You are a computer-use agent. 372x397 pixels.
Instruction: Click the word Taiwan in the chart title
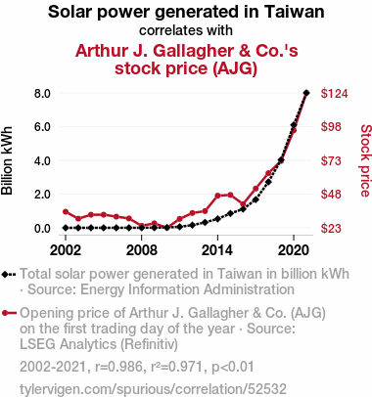tap(295, 12)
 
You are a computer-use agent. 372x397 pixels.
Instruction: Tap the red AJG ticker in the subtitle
tap(235, 68)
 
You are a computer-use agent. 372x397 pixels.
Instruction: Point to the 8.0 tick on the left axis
tap(42, 93)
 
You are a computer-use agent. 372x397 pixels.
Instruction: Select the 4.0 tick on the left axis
tap(42, 160)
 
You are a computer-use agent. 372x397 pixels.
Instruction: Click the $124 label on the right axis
tap(335, 93)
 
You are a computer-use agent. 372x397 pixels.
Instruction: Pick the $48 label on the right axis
tap(331, 195)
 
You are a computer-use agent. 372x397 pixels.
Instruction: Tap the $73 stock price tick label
tap(331, 160)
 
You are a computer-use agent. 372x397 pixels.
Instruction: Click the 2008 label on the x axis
tap(142, 250)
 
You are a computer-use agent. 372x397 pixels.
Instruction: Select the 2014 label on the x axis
tap(217, 250)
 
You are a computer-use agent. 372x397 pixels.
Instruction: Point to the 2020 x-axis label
tap(294, 250)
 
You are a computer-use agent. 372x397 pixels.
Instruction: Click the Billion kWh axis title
tap(7, 160)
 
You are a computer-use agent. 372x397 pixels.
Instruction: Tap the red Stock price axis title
tap(365, 160)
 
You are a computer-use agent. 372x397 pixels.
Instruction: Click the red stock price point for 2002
tap(66, 212)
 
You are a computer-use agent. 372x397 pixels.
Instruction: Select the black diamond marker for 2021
tap(306, 93)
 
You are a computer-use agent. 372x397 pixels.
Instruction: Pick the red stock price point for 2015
tap(230, 195)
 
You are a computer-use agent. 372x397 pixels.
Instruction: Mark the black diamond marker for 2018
tap(268, 182)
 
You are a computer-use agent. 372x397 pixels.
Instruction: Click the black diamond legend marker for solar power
tap(5, 274)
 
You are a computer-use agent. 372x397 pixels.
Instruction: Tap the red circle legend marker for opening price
tap(5, 313)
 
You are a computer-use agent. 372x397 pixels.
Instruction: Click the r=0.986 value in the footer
tap(119, 367)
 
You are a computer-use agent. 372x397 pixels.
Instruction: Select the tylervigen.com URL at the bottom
tap(153, 389)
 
